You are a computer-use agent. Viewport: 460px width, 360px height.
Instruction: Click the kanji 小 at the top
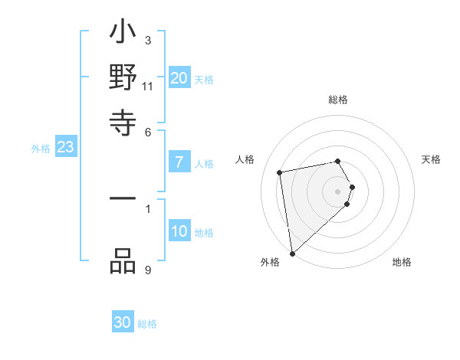[x=123, y=34]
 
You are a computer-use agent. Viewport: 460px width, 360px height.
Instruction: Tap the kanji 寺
[x=123, y=123]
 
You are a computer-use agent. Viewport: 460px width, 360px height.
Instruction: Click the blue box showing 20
[x=179, y=77]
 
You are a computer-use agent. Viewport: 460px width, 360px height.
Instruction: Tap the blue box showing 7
[x=179, y=162]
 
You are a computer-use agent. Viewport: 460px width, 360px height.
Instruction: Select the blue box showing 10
[x=179, y=231]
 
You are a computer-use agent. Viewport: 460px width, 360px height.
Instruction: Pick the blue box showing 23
[x=65, y=147]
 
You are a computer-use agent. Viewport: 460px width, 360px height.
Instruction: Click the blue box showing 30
[x=123, y=322]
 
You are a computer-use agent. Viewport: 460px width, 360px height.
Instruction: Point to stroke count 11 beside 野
[x=148, y=87]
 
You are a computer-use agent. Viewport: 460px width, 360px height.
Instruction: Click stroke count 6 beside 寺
[x=148, y=131]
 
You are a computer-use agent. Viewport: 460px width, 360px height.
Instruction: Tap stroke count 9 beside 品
[x=147, y=270]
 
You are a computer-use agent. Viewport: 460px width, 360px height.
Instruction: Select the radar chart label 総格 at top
[x=338, y=100]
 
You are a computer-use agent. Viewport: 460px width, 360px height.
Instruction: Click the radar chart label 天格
[x=432, y=159]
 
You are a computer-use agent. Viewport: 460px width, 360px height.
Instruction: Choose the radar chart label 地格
[x=402, y=262]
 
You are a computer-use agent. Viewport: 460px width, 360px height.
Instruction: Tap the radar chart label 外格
[x=270, y=262]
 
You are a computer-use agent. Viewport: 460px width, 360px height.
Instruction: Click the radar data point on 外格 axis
[x=292, y=254]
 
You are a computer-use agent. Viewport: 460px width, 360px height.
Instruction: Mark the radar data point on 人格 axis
[x=280, y=172]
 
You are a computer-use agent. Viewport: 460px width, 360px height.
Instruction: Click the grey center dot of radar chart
[x=338, y=191]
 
